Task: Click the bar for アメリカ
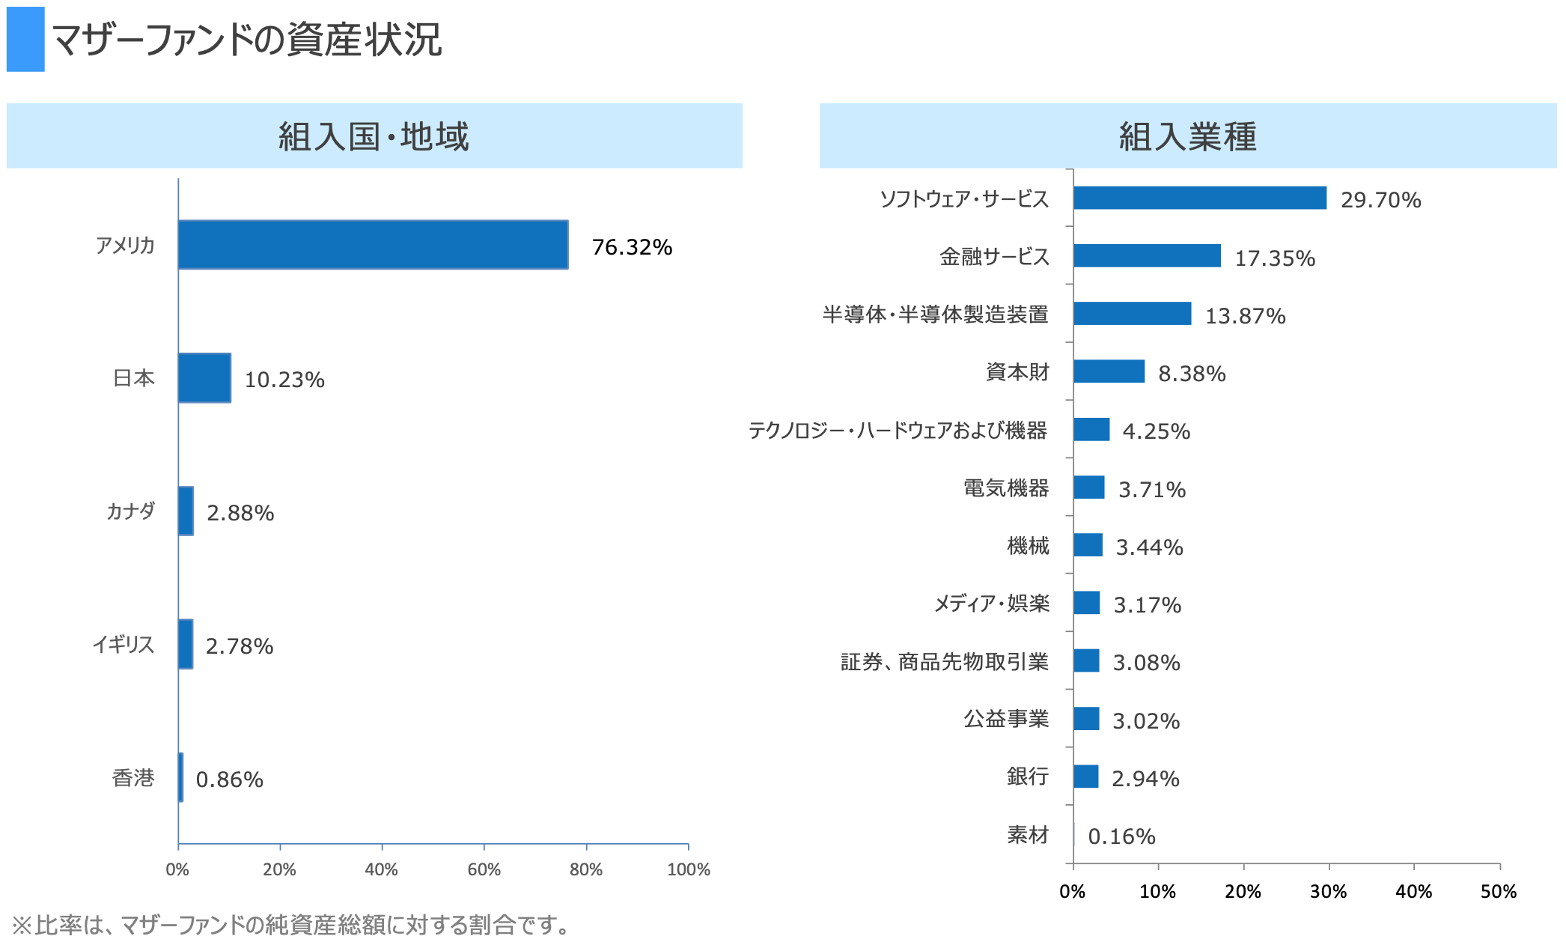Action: click(373, 245)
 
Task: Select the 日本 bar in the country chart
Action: click(204, 378)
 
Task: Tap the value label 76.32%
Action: click(632, 247)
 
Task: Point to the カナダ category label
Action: click(130, 511)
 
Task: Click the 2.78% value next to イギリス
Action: click(240, 646)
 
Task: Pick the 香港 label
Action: click(133, 778)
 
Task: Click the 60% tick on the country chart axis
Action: click(484, 869)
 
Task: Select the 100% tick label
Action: click(688, 869)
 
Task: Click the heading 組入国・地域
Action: click(374, 136)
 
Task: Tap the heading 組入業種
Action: click(1187, 136)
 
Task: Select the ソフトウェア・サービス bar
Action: click(1199, 198)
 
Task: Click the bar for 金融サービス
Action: click(1147, 255)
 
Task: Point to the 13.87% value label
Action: click(1245, 316)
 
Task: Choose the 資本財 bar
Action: click(1109, 371)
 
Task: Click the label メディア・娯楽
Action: click(991, 604)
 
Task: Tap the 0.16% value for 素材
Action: click(1121, 836)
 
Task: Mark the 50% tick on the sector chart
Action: click(1499, 891)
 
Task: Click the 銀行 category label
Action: click(1027, 777)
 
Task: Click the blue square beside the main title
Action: click(25, 40)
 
